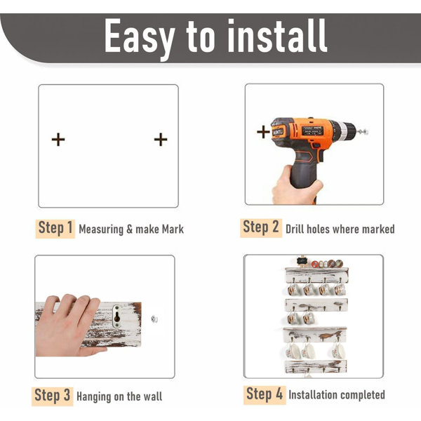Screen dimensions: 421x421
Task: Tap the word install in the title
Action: (x=277, y=36)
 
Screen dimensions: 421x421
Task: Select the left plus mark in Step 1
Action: (x=58, y=140)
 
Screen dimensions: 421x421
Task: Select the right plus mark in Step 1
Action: (x=161, y=140)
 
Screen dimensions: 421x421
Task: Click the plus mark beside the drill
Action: (x=263, y=132)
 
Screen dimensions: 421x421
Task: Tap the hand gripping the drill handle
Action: (x=295, y=187)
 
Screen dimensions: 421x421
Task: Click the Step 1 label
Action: (x=55, y=229)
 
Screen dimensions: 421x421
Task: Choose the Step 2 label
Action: (x=261, y=227)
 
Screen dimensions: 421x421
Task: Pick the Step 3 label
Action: (x=53, y=396)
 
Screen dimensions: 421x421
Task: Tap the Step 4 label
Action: (x=265, y=394)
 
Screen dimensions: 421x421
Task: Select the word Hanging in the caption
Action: (x=94, y=397)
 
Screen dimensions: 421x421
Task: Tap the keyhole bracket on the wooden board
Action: (x=117, y=316)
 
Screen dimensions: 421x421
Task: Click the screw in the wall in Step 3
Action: (x=154, y=319)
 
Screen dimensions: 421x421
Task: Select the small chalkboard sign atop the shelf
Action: (x=302, y=261)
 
